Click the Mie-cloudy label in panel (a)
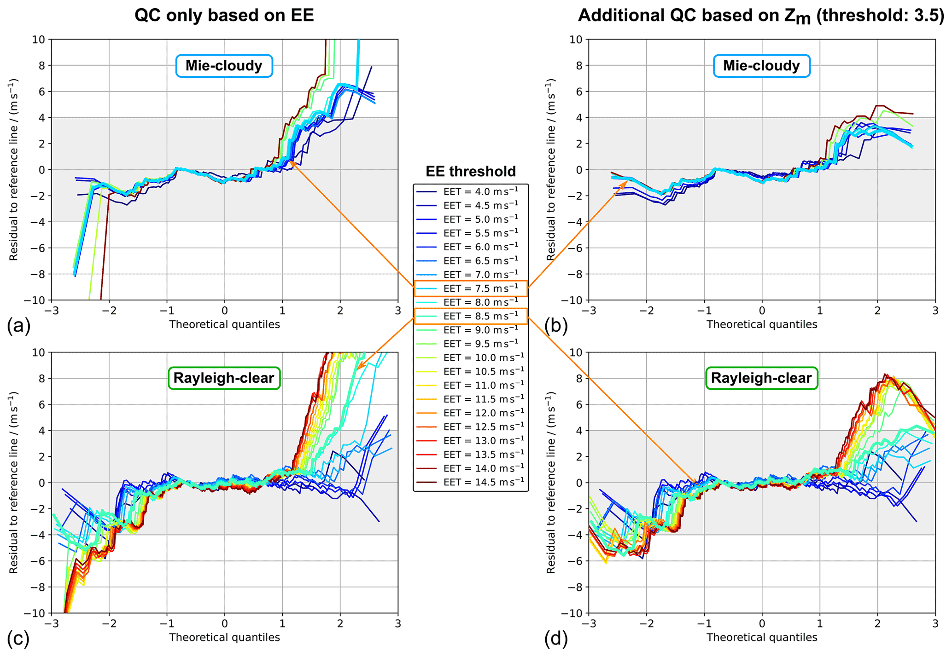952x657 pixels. pyautogui.click(x=224, y=66)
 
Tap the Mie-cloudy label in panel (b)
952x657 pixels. pyautogui.click(x=761, y=66)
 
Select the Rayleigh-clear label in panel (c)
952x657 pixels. pyautogui.click(x=224, y=378)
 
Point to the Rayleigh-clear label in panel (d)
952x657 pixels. pyautogui.click(x=761, y=378)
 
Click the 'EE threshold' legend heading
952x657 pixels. pyautogui.click(x=470, y=171)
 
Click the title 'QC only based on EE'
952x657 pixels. pyautogui.click(x=224, y=15)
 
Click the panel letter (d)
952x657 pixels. pyautogui.click(x=556, y=639)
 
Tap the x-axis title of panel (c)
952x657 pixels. pyautogui.click(x=224, y=637)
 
